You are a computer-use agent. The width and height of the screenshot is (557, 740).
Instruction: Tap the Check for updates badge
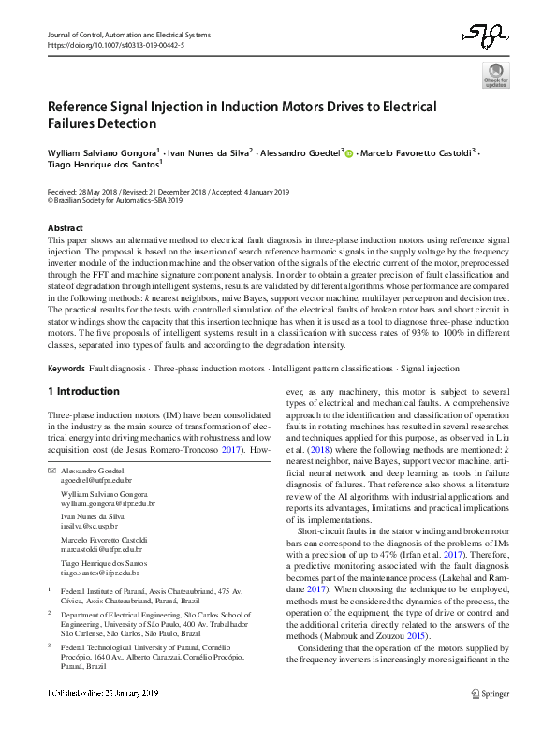pyautogui.click(x=495, y=75)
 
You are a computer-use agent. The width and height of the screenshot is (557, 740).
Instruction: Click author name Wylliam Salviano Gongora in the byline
pyautogui.click(x=101, y=151)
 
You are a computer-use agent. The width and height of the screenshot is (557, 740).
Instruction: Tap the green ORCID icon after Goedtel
pyautogui.click(x=349, y=152)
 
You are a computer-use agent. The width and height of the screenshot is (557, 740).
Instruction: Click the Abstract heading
pyautogui.click(x=66, y=227)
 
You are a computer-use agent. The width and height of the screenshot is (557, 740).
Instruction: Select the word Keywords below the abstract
pyautogui.click(x=66, y=370)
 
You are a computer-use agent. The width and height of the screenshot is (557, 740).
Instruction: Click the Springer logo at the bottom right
pyautogui.click(x=490, y=720)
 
